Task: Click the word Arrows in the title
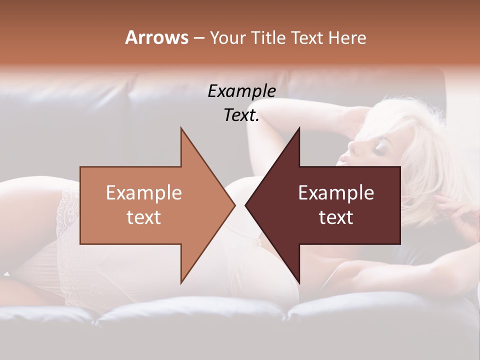click(156, 37)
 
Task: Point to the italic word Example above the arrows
click(241, 91)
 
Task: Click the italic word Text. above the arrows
click(241, 115)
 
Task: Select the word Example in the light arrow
click(144, 193)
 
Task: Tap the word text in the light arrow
click(144, 217)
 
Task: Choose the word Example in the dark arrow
click(336, 193)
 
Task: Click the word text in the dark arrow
click(336, 217)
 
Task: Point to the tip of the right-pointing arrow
click(235, 205)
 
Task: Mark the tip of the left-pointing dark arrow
click(245, 205)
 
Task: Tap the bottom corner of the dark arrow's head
click(299, 282)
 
